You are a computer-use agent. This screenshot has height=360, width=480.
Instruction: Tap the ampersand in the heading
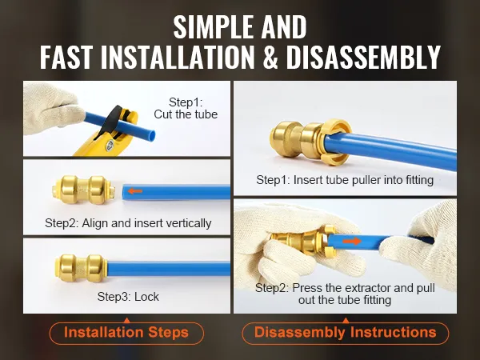pyautogui.click(x=270, y=57)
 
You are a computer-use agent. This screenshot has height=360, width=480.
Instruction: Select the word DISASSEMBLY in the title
pyautogui.click(x=363, y=57)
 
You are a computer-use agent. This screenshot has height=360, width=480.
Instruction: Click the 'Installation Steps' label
pyautogui.click(x=126, y=333)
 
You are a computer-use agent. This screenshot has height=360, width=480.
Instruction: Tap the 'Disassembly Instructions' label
pyautogui.click(x=346, y=333)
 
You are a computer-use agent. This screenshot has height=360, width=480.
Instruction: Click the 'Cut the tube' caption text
pyautogui.click(x=186, y=114)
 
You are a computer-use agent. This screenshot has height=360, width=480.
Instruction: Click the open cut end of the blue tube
pyautogui.click(x=151, y=135)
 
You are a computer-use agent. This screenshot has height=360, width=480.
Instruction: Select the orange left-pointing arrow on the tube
pyautogui.click(x=135, y=191)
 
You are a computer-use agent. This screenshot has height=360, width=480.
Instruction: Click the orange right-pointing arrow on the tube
pyautogui.click(x=352, y=242)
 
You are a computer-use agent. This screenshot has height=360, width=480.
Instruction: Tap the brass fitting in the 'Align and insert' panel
pyautogui.click(x=83, y=190)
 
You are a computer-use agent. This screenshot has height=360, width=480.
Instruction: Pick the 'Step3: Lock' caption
pyautogui.click(x=128, y=297)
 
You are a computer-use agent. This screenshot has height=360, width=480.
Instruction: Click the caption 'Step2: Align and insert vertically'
pyautogui.click(x=128, y=223)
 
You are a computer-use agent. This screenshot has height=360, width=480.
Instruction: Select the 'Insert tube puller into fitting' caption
pyautogui.click(x=363, y=180)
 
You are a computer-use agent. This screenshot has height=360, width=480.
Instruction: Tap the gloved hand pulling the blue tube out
pyautogui.click(x=426, y=245)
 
